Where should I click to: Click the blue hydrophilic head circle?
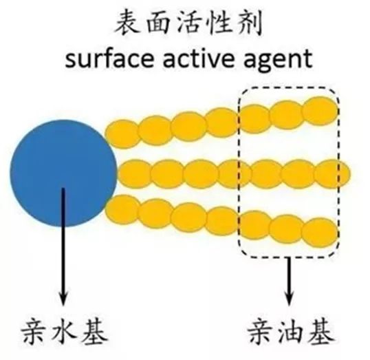tap(63, 173)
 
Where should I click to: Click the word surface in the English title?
tap(109, 59)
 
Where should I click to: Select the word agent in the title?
tap(279, 61)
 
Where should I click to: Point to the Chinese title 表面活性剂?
tap(188, 23)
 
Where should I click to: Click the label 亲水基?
tap(64, 333)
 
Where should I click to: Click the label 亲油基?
tap(291, 333)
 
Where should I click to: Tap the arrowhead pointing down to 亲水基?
tap(63, 299)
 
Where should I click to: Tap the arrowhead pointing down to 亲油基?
tap(289, 299)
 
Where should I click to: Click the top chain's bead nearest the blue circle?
tap(122, 134)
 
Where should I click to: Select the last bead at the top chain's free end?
tap(320, 111)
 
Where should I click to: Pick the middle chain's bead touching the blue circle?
tap(135, 173)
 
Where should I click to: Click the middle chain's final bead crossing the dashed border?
tap(332, 173)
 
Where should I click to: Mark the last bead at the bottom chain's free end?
tap(320, 232)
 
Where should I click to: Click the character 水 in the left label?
tap(65, 333)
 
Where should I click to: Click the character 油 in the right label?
tap(291, 333)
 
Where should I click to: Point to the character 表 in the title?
tap(127, 23)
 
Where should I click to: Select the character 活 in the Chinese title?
tap(188, 23)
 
